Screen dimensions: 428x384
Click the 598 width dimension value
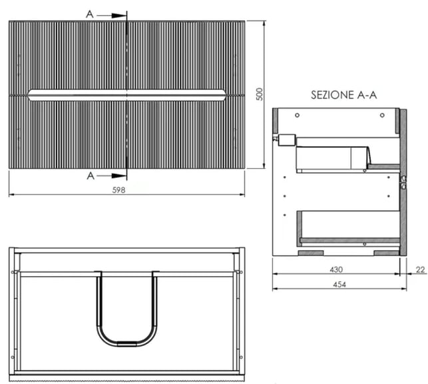pyautogui.click(x=118, y=190)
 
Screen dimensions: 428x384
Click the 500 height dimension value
pyautogui.click(x=260, y=94)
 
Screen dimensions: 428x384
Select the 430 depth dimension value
pyautogui.click(x=336, y=270)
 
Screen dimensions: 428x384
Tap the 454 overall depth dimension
pyautogui.click(x=339, y=285)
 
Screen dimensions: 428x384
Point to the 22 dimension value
pyautogui.click(x=421, y=270)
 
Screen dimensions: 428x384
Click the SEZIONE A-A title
pyautogui.click(x=344, y=95)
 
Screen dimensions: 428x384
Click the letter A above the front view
pyautogui.click(x=90, y=14)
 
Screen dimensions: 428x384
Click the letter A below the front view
pyautogui.click(x=91, y=176)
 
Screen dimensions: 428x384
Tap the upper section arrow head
pyautogui.click(x=118, y=16)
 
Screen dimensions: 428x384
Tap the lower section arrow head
pyautogui.click(x=118, y=176)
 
